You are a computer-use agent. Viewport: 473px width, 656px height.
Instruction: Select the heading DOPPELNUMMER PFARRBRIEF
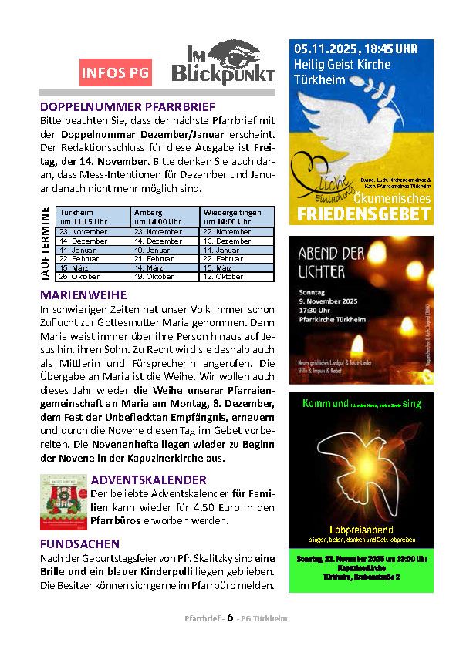click(x=128, y=106)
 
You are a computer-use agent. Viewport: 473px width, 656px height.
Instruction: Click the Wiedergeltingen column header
click(x=237, y=217)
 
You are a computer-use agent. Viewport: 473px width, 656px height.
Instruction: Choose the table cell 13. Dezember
click(x=237, y=241)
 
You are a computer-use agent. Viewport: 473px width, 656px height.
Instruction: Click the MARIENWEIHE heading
click(x=83, y=294)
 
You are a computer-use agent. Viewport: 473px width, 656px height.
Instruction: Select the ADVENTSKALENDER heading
click(x=149, y=479)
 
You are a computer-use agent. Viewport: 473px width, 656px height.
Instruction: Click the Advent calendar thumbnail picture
click(x=63, y=502)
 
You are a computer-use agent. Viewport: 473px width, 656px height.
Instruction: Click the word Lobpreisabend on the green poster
click(x=360, y=530)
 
